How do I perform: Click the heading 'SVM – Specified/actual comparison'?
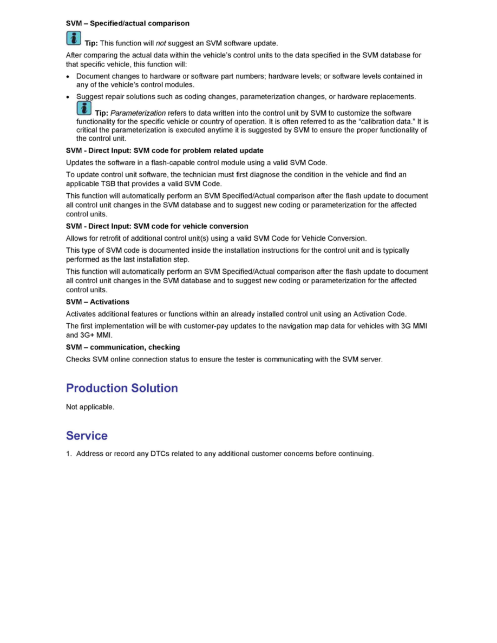click(x=127, y=23)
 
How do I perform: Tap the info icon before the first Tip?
click(x=74, y=38)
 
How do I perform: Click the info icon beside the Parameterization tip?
click(x=84, y=108)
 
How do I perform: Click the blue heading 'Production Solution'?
click(x=122, y=388)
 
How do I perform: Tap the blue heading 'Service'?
click(x=87, y=436)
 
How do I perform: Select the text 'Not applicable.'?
click(x=90, y=406)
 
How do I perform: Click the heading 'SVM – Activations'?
click(x=97, y=302)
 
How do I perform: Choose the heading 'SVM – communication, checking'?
click(x=123, y=347)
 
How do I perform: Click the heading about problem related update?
click(x=165, y=150)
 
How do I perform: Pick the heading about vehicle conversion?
click(x=157, y=226)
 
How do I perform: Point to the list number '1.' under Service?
click(x=69, y=454)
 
